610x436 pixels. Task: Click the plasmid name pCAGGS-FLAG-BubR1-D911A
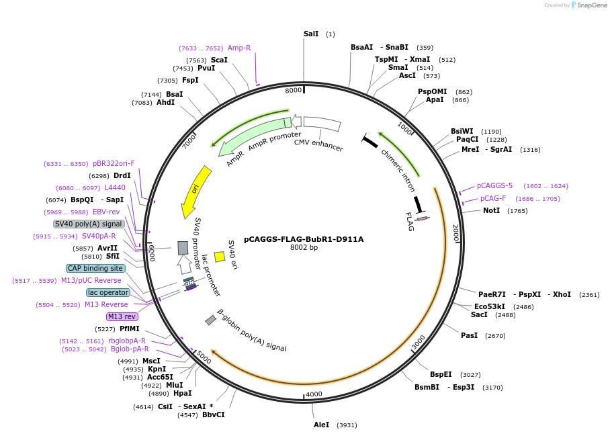[x=304, y=238]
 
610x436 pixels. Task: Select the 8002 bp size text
[x=304, y=247]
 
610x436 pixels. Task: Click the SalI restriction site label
[x=311, y=34]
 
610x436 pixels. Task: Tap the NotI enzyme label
[x=491, y=210]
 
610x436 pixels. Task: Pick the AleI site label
[x=321, y=425]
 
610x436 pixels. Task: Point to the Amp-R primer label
[x=239, y=48]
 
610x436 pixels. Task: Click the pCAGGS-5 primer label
[x=494, y=185]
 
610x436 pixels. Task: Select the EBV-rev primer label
[x=106, y=212]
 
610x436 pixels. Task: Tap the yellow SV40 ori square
[x=219, y=256]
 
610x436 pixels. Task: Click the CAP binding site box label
[x=95, y=268]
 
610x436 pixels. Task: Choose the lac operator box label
[x=107, y=292]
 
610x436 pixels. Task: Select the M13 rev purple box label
[x=122, y=316]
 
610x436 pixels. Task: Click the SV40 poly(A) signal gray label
[x=89, y=224]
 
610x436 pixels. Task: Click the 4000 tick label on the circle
[x=314, y=394]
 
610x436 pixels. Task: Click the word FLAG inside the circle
[x=410, y=222]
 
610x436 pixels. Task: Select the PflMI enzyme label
[x=130, y=329]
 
